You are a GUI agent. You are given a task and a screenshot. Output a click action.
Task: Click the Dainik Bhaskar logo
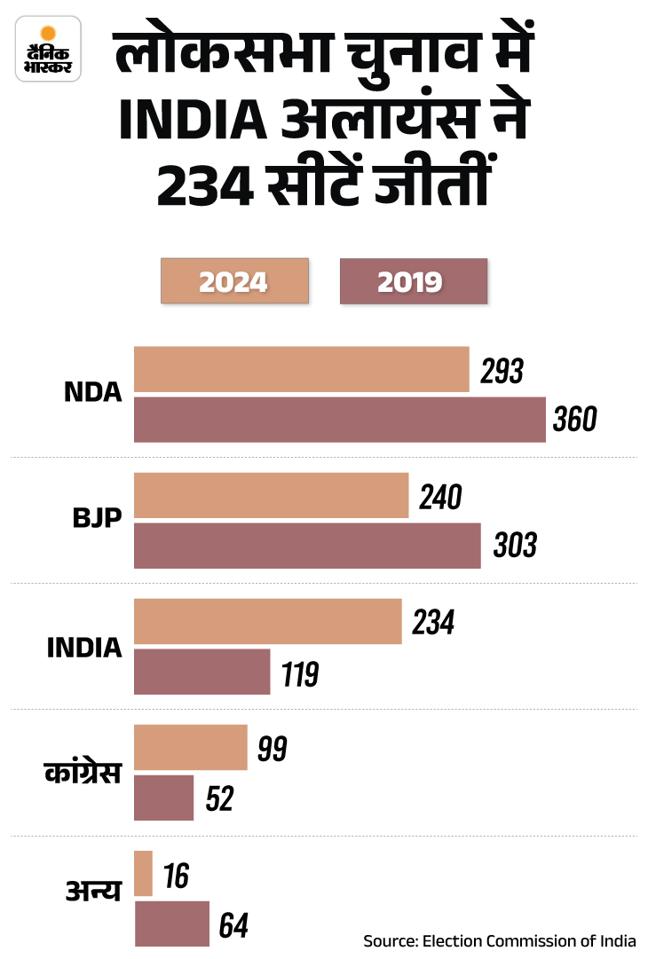tap(50, 51)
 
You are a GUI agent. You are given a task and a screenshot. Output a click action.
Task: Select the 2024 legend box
tap(234, 281)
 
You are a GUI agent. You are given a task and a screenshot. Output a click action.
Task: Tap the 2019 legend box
tap(414, 281)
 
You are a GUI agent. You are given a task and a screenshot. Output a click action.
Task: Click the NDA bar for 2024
tap(301, 369)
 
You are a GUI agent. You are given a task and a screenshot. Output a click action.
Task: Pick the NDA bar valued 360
tap(339, 420)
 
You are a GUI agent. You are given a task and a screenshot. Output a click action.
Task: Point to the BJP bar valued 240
tap(271, 495)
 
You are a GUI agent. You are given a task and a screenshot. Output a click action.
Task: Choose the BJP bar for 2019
tap(307, 546)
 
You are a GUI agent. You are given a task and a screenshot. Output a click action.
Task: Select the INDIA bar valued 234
tap(267, 622)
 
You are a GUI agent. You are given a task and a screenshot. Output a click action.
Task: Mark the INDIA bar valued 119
tap(202, 672)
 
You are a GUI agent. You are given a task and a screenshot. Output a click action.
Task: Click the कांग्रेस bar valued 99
tap(190, 748)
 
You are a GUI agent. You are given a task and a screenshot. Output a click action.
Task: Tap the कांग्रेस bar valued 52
tap(163, 798)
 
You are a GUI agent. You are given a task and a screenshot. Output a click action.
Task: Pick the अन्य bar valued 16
tap(143, 874)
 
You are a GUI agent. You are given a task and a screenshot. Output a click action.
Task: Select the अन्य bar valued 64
tap(171, 924)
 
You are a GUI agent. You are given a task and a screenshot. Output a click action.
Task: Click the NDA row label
tap(92, 392)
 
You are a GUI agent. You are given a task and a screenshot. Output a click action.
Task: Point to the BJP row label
tap(97, 519)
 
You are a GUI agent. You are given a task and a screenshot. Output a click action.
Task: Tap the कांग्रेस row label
tap(83, 773)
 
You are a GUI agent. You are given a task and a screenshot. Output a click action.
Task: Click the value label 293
tap(502, 371)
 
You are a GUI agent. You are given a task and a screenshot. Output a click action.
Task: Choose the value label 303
tap(514, 545)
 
